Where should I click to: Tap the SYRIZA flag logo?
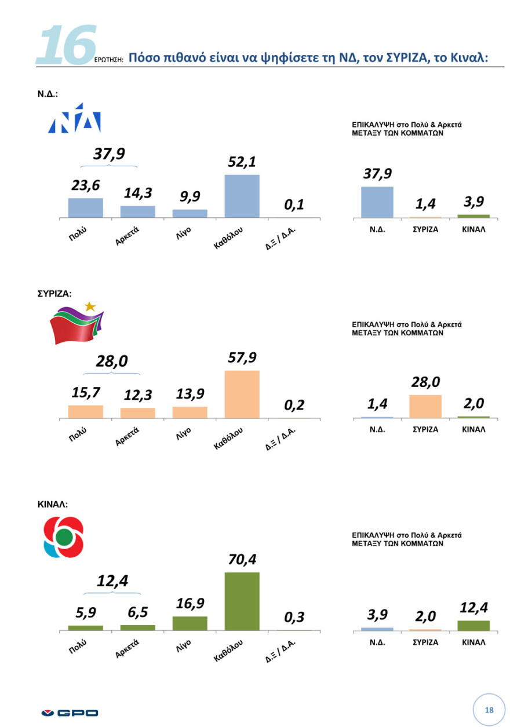pos(77,324)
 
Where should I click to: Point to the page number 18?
pos(489,710)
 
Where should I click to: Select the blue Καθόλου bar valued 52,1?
pos(242,196)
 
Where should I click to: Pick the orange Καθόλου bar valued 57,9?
pos(242,394)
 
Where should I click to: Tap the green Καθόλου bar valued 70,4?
pos(242,601)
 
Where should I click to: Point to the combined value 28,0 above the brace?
pos(111,362)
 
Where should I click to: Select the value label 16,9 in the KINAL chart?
pos(190,604)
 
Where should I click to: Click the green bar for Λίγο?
pos(190,623)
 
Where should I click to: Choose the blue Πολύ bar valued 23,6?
pos(85,207)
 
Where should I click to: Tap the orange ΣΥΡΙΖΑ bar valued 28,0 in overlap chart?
pos(425,406)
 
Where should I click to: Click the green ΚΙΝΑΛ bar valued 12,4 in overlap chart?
pos(473,625)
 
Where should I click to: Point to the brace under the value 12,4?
pos(112,592)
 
